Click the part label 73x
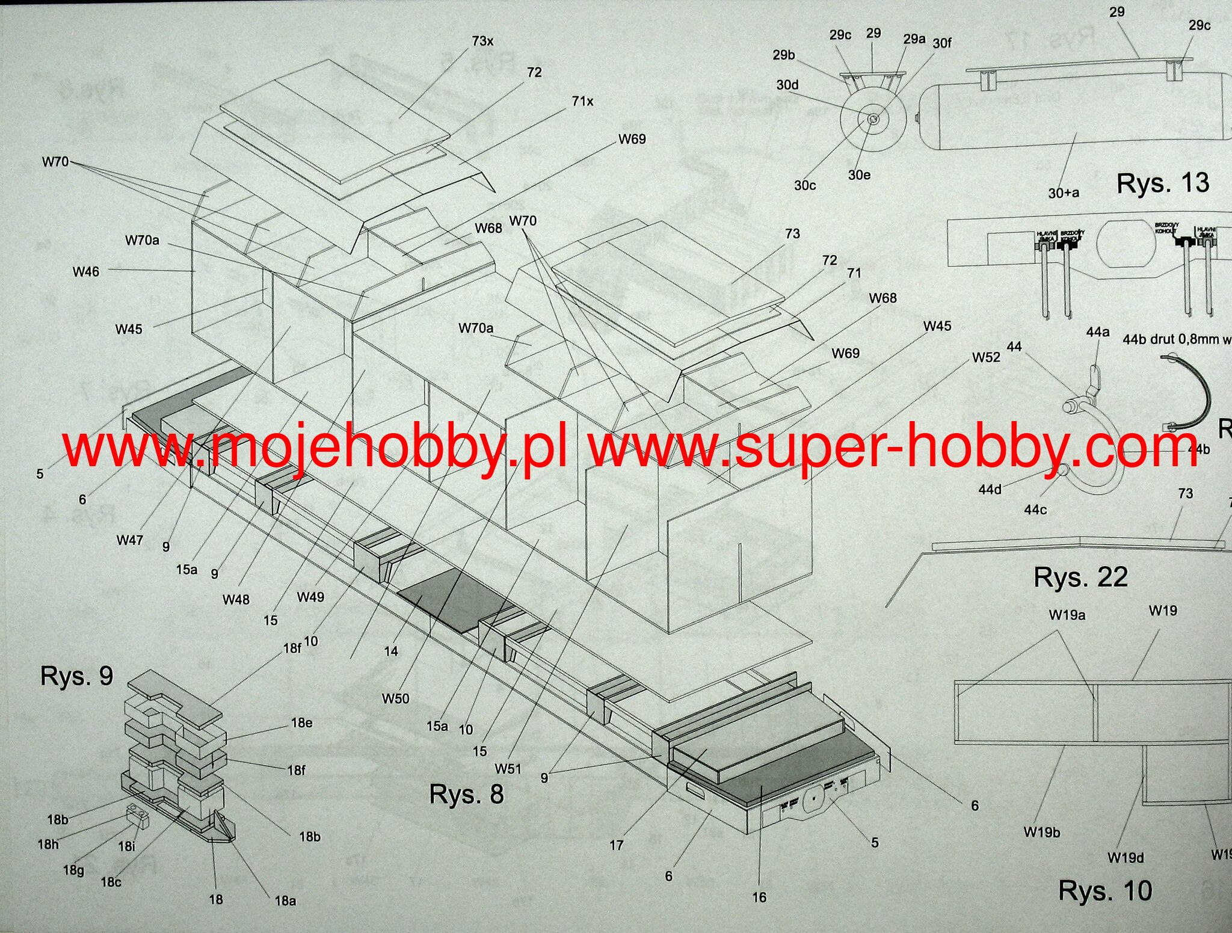click(x=482, y=41)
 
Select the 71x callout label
click(x=582, y=101)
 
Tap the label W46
click(x=85, y=272)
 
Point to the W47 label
click(x=130, y=540)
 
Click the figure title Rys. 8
click(x=466, y=794)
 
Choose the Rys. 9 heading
click(x=76, y=676)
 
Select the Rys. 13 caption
click(x=1162, y=183)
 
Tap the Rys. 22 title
click(x=1080, y=577)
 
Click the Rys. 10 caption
click(x=1105, y=891)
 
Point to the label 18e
click(x=301, y=723)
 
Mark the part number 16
click(x=759, y=898)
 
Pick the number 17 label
click(x=617, y=845)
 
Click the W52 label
click(x=986, y=357)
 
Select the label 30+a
click(x=1064, y=193)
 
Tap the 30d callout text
click(x=787, y=85)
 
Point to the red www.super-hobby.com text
click(x=893, y=446)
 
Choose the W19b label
click(x=1042, y=833)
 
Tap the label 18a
click(x=285, y=901)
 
